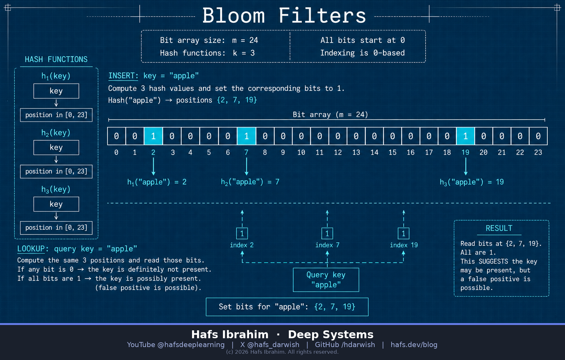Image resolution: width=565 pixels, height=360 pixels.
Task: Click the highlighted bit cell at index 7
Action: coord(247,136)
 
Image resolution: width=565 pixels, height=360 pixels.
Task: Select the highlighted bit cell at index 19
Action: coord(465,136)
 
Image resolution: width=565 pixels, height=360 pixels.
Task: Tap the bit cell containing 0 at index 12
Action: coord(338,136)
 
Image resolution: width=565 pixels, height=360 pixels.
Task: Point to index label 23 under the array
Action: coord(538,152)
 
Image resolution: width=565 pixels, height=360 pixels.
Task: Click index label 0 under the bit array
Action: coord(116,152)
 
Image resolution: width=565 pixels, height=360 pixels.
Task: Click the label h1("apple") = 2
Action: coord(157,182)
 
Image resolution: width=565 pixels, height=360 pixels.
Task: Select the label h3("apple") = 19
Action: coord(472,182)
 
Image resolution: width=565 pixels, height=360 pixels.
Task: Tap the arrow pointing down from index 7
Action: coord(247,166)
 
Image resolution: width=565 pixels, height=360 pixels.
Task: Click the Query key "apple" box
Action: coord(326,280)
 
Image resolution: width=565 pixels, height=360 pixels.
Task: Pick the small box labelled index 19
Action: coord(404,233)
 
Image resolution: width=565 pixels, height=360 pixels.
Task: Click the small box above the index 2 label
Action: coord(242,233)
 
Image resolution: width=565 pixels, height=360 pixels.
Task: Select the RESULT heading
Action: coord(499,228)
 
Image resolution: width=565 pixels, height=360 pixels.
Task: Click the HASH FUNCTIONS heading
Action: coord(56,59)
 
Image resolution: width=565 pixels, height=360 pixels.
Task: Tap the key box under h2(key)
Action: coord(56,147)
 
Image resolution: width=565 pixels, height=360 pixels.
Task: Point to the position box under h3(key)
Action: coord(56,227)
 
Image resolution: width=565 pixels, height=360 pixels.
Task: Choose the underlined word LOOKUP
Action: coord(31,249)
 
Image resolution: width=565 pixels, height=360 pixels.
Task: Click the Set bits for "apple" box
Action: coord(287,307)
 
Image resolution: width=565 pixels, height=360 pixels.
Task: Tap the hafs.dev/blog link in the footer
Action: coord(414,345)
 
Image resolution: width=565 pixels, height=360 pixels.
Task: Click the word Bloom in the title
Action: coord(234,15)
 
